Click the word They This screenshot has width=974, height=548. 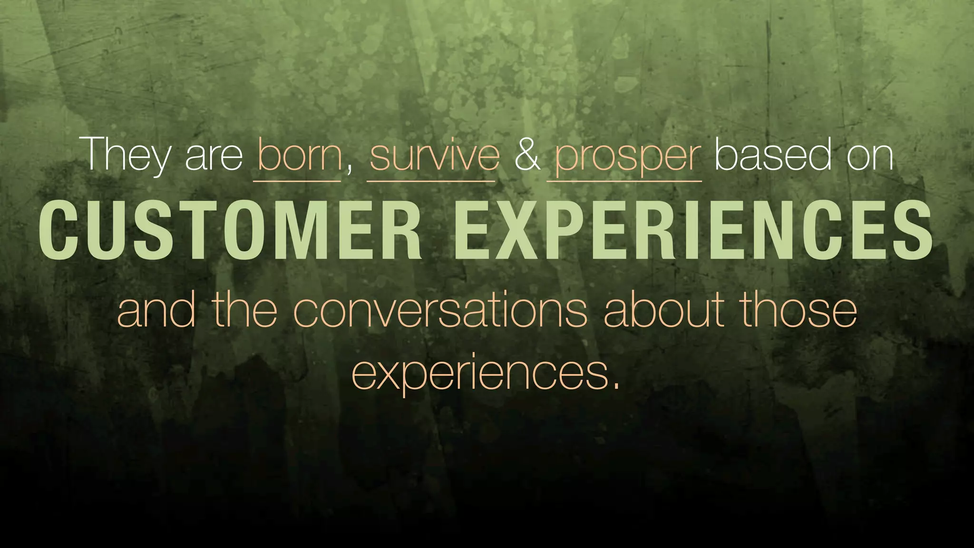pos(127,155)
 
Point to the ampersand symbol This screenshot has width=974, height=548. pos(527,155)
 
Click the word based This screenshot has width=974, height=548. pos(773,155)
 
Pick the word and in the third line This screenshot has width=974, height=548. pos(156,310)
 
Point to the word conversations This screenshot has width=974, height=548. pos(440,310)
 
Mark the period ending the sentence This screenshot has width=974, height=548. pos(616,385)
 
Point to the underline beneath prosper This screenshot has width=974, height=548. pos(624,181)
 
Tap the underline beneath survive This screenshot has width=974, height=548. pos(431,181)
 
